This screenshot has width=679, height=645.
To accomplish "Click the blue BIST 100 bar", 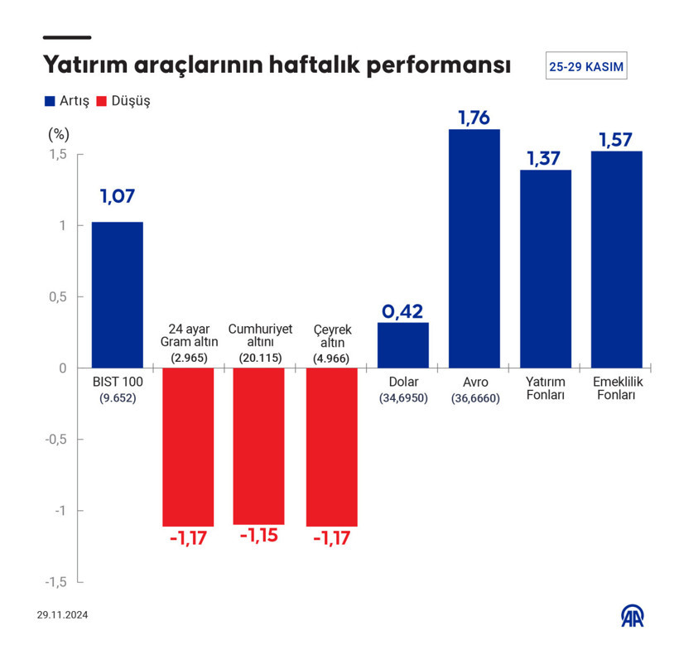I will (117, 295).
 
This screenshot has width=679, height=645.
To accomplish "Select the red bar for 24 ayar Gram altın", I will (188, 447).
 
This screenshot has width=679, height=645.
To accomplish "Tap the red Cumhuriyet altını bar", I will (259, 446).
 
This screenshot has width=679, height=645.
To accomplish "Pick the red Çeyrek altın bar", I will (331, 447).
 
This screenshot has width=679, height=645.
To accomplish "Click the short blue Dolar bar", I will (403, 345).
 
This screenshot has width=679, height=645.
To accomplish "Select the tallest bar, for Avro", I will (474, 248).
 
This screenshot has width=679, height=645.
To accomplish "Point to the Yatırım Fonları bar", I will (546, 269).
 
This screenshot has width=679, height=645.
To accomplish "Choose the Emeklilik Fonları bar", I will (617, 259).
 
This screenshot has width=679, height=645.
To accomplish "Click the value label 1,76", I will (474, 118).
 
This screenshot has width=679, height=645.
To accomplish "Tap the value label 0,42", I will (402, 311).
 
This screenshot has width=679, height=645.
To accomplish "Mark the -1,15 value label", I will (259, 536).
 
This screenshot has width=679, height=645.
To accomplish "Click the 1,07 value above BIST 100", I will (117, 197).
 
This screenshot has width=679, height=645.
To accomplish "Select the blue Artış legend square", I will (49, 102).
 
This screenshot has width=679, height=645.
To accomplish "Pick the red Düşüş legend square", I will (103, 102).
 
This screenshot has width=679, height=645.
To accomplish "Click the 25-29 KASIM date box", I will (586, 66).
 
